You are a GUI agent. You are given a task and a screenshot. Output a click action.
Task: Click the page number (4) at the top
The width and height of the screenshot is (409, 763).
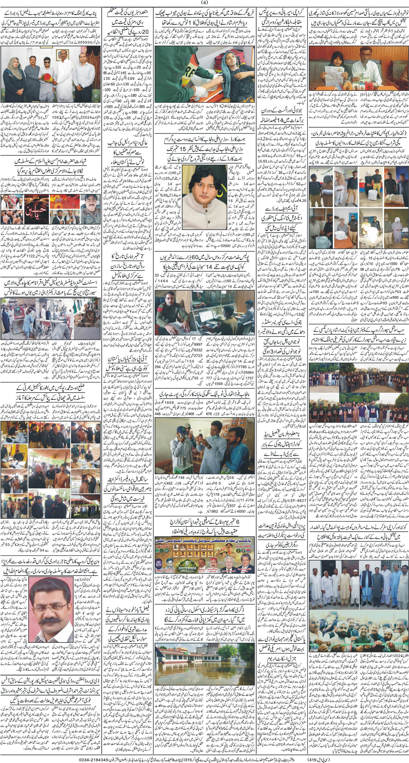204,3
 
